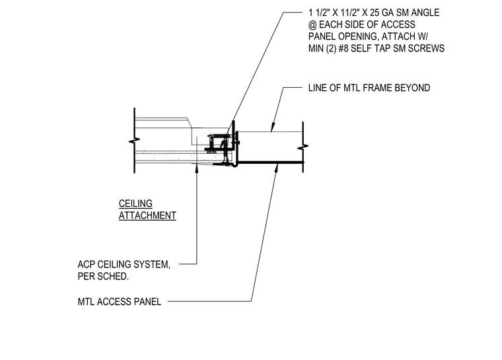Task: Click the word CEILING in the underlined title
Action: point(135,203)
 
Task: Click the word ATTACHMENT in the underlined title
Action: point(147,215)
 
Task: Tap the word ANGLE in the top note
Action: point(425,13)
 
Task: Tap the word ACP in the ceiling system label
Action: point(86,265)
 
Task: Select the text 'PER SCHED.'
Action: point(103,276)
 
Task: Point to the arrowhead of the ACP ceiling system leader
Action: point(197,169)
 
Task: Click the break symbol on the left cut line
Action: point(135,141)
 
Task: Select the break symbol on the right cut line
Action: point(303,147)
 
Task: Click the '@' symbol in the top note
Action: point(312,25)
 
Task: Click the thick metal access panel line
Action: point(271,162)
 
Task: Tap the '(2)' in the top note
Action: point(332,48)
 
